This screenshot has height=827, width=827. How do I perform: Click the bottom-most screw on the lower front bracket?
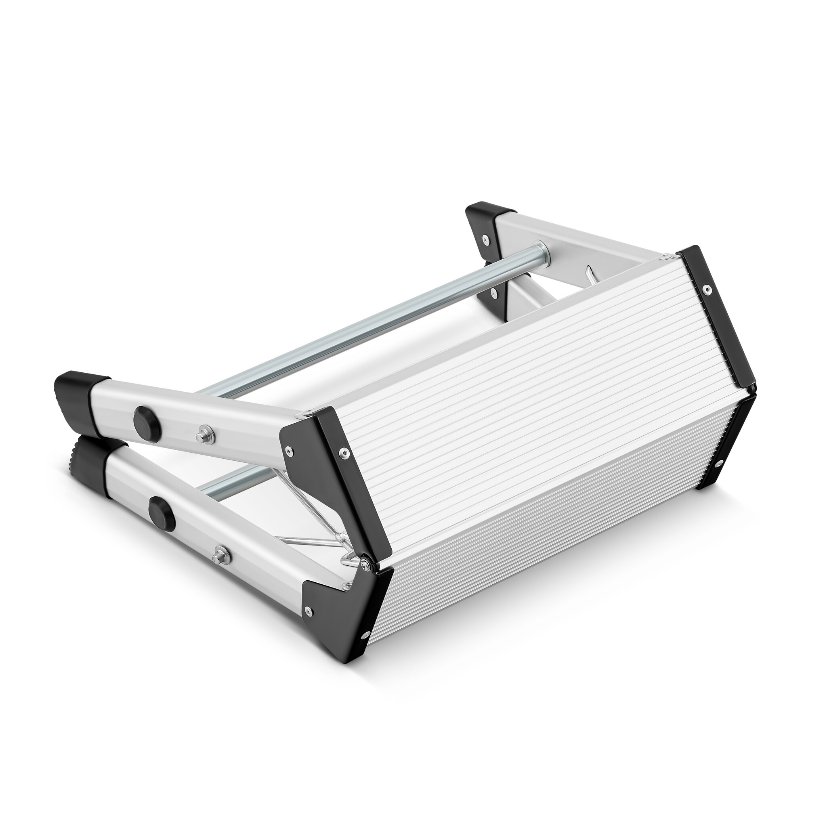[366, 646]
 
